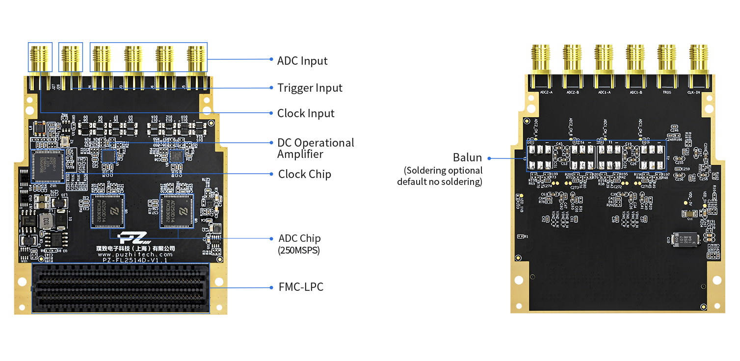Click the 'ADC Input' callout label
(302, 61)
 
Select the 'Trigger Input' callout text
(310, 88)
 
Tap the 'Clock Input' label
(306, 113)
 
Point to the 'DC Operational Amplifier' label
(316, 148)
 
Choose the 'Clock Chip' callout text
(304, 174)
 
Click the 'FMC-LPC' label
(300, 287)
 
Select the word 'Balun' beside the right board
(468, 158)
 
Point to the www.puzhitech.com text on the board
(135, 255)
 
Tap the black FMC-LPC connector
(121, 288)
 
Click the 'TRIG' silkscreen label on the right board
(667, 92)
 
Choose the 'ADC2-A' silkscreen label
(545, 92)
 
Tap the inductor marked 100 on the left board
(46, 221)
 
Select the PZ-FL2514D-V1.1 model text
(135, 260)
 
